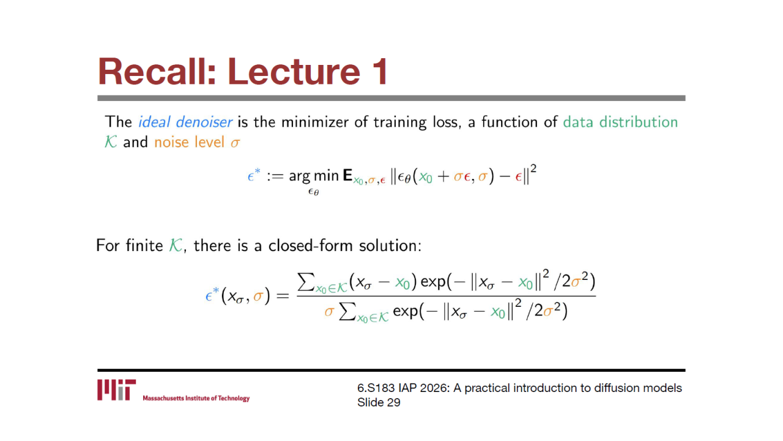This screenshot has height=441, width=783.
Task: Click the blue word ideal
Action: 154,122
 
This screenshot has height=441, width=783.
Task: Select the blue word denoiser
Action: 204,122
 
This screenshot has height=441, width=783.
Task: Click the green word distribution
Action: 639,122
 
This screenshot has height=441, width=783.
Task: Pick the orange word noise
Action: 172,142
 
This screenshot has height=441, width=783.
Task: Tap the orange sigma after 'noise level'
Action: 235,143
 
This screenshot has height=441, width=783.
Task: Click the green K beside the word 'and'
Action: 111,142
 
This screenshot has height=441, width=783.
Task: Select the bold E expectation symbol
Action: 347,175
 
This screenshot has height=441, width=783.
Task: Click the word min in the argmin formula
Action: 327,175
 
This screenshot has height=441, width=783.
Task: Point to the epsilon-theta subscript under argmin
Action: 314,192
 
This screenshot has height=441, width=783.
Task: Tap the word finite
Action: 144,246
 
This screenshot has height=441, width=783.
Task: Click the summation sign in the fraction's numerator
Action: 305,282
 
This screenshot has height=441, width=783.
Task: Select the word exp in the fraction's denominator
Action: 406,311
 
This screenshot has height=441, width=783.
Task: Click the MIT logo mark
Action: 117,390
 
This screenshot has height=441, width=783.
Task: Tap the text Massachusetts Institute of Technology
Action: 196,398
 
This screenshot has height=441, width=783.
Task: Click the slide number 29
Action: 393,402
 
